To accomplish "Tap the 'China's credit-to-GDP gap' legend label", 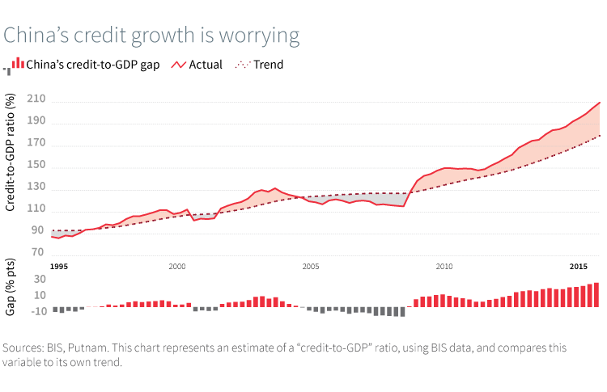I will pos(93,65).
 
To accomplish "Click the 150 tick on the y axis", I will pos(35,166).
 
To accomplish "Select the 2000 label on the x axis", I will pos(177,266).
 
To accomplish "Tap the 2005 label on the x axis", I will pos(310,266).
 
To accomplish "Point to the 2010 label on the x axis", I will pos(444,266).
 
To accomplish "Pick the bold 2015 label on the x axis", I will pos(577,266).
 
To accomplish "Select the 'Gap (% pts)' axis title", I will pos(11,297).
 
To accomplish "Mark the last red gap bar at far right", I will pos(596,294).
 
